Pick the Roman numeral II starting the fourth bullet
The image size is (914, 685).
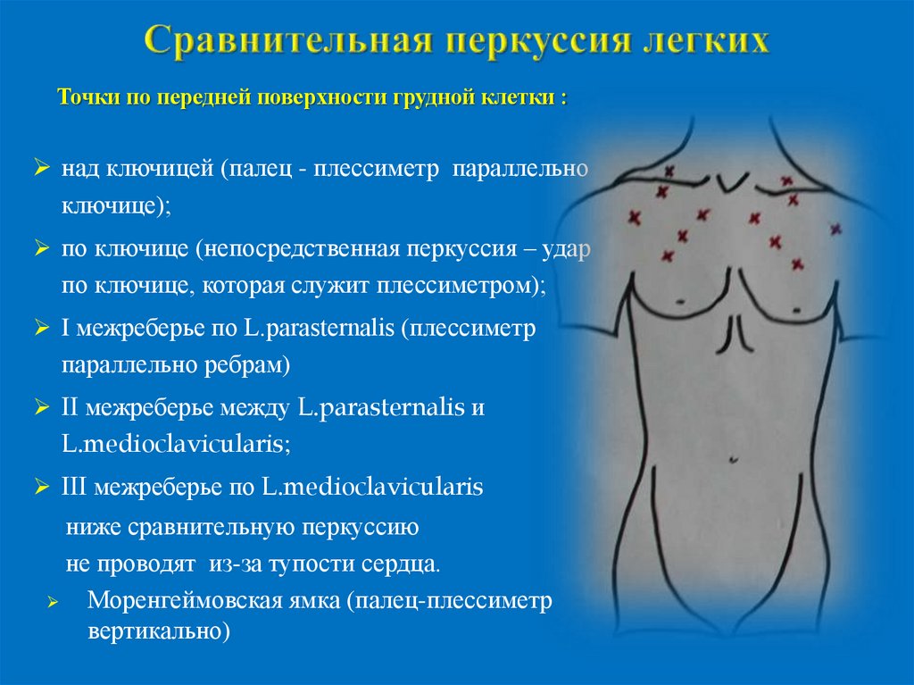click(71, 407)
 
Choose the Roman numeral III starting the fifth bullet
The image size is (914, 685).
click(73, 487)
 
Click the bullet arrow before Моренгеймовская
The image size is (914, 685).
click(53, 604)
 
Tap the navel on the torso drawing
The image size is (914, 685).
click(732, 460)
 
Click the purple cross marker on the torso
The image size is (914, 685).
click(835, 230)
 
